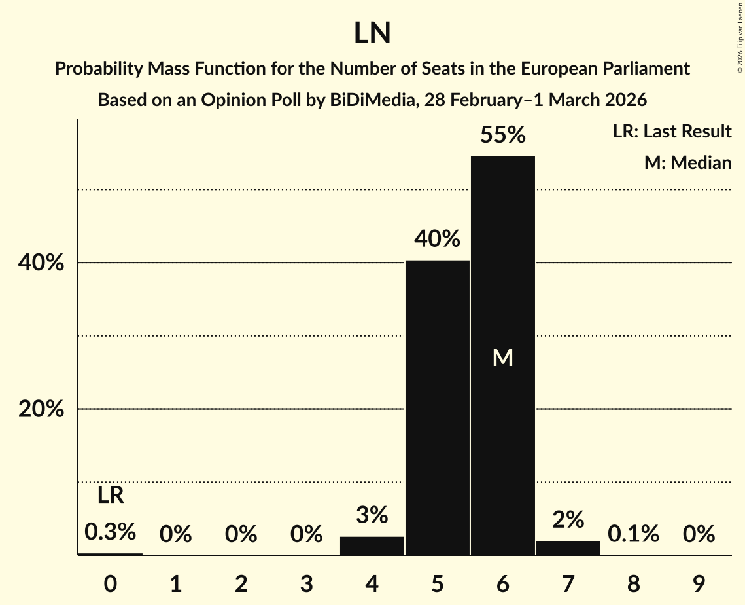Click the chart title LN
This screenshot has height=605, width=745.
pyautogui.click(x=372, y=33)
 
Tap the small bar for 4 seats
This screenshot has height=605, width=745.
pyautogui.click(x=372, y=545)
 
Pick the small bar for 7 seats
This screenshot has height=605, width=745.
pyautogui.click(x=568, y=548)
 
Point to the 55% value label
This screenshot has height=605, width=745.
pyautogui.click(x=502, y=135)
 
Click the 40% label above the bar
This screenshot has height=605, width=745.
pyautogui.click(x=438, y=239)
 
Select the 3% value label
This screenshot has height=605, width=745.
pyautogui.click(x=372, y=515)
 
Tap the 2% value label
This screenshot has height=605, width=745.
pyautogui.click(x=568, y=520)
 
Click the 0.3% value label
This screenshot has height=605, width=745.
pyautogui.click(x=111, y=532)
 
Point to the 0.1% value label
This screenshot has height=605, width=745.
pyautogui.click(x=633, y=534)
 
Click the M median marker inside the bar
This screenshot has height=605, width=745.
pyautogui.click(x=502, y=357)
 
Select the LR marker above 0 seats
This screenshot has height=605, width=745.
pyautogui.click(x=111, y=496)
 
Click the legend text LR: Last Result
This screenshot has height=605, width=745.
pyautogui.click(x=672, y=132)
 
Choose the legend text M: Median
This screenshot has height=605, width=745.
pyautogui.click(x=687, y=162)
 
